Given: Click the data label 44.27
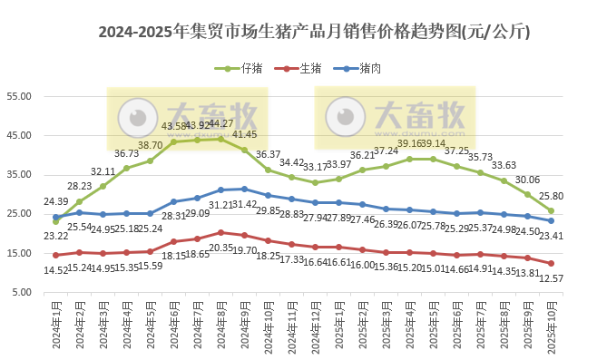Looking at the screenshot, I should pyautogui.click(x=221, y=123).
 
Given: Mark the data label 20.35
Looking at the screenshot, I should pyautogui.click(x=220, y=247).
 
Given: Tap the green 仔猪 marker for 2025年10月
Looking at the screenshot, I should pyautogui.click(x=551, y=211).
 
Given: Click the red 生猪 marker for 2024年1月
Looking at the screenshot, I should pyautogui.click(x=56, y=255).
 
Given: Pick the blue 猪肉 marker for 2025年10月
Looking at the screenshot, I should pyautogui.click(x=551, y=220).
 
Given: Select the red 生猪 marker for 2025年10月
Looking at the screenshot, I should pyautogui.click(x=551, y=263).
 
